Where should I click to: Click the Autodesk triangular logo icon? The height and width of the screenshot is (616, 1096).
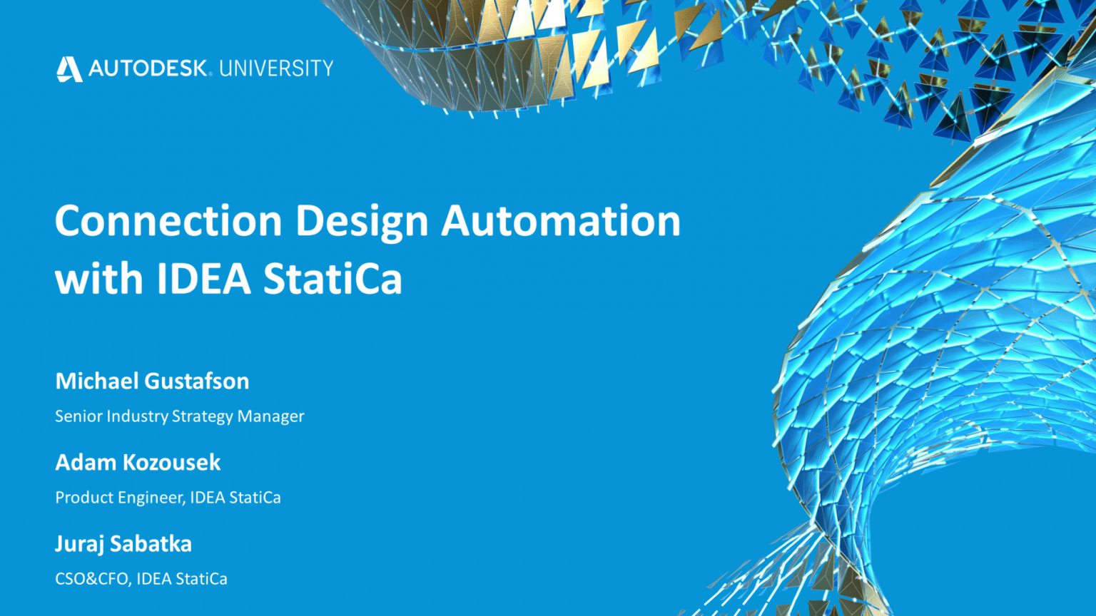point(69,69)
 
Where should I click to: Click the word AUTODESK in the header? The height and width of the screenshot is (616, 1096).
point(148,68)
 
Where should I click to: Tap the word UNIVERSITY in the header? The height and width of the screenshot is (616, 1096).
point(276,68)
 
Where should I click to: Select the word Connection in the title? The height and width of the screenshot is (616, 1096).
point(168,220)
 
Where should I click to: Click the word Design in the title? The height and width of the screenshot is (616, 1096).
point(362,222)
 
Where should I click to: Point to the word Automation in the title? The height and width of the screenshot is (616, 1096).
point(561,220)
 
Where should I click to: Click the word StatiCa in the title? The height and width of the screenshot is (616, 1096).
point(333,278)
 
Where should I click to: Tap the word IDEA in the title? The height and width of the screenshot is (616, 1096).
point(203,278)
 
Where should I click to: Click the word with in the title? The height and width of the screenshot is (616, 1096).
point(98,278)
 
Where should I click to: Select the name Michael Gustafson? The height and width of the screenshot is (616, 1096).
point(152,381)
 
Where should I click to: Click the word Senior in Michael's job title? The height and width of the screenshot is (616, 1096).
point(78,416)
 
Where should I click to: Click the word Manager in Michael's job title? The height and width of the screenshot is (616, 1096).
point(270,417)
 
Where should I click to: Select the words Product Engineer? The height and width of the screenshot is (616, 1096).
point(120,498)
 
